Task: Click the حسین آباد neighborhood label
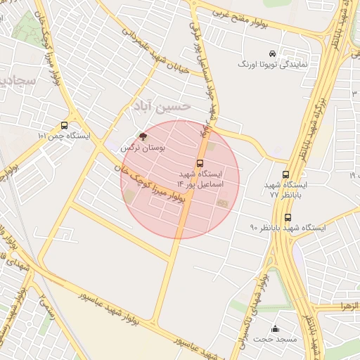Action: [x=160, y=106]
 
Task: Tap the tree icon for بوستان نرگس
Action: [x=143, y=136]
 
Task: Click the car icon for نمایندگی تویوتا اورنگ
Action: [x=272, y=53]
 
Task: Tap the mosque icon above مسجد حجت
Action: [x=275, y=328]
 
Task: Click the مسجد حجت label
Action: [x=276, y=340]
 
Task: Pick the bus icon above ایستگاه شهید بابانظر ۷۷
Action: [x=285, y=174]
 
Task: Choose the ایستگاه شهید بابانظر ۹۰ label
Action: [x=287, y=228]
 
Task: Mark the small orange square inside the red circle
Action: [x=223, y=203]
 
